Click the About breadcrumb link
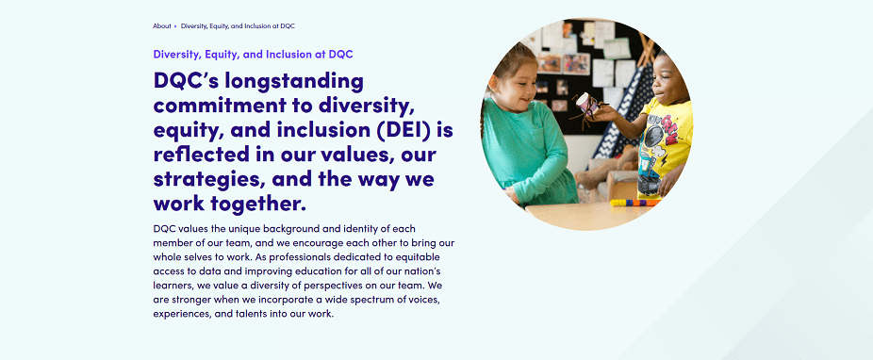click(162, 26)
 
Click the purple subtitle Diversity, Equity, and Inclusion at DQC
click(254, 55)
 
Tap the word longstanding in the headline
click(288, 82)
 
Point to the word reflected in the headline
click(200, 155)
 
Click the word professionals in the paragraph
click(313, 257)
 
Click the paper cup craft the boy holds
click(585, 106)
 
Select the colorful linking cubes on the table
click(635, 203)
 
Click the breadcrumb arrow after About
click(175, 26)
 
